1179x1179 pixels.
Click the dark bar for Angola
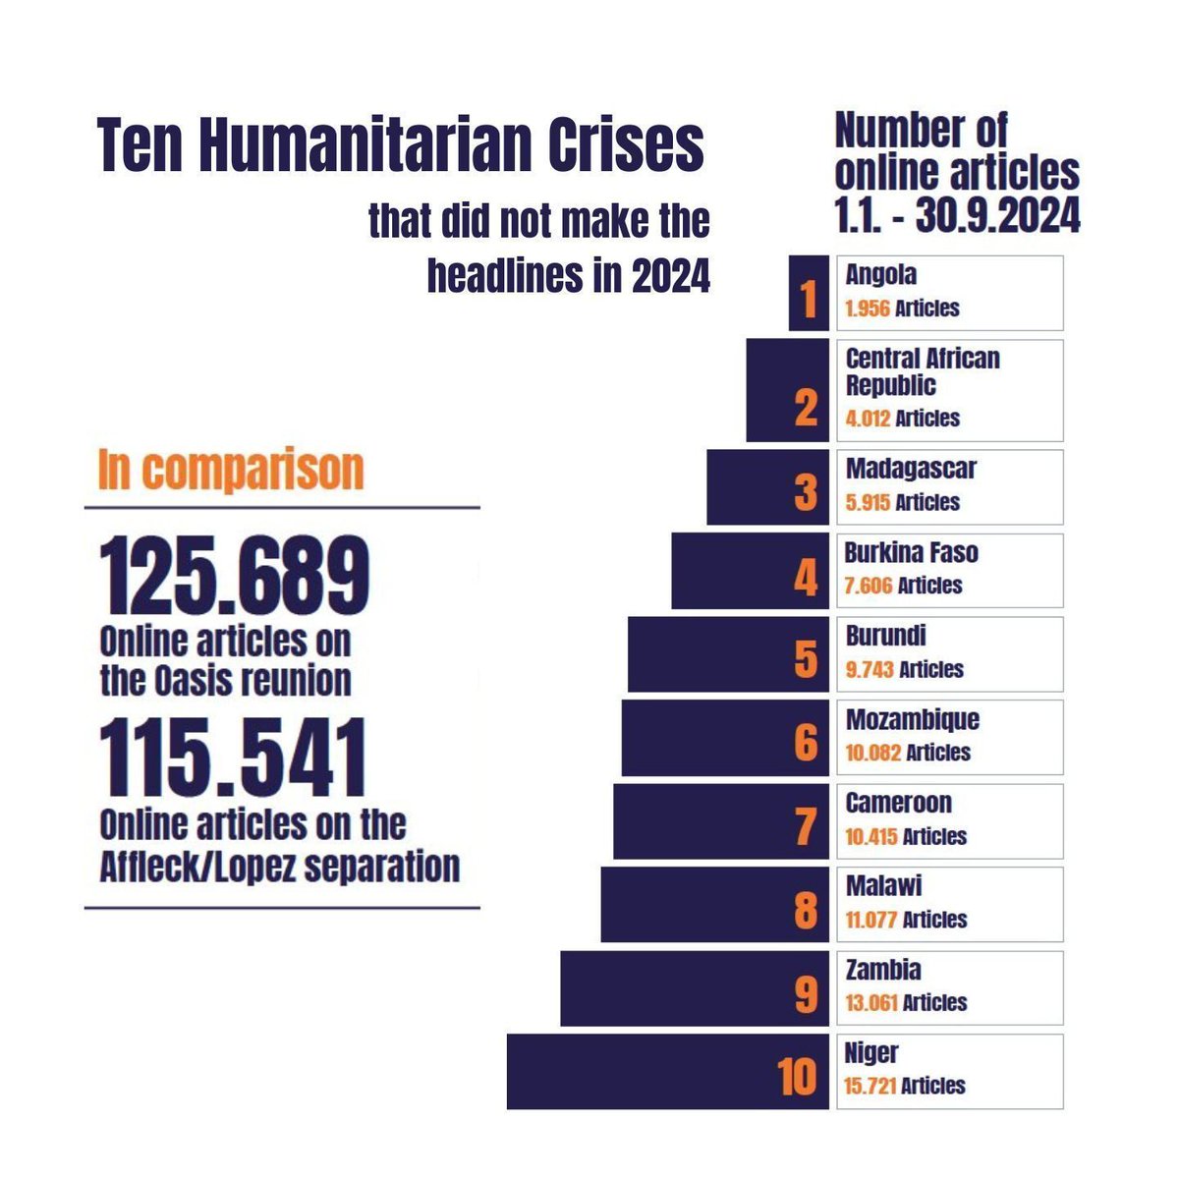tap(809, 293)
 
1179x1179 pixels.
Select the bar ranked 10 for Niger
tap(668, 1072)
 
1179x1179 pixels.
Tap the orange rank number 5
tap(805, 659)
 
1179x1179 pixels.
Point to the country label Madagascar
tap(911, 469)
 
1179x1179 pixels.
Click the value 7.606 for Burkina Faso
tap(868, 586)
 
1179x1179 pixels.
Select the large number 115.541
tap(233, 758)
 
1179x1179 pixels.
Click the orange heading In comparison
tap(231, 470)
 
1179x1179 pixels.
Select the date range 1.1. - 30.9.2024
tap(957, 215)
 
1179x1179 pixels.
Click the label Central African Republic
tap(922, 371)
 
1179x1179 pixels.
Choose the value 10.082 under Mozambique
tap(872, 753)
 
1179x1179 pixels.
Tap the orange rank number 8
tap(805, 911)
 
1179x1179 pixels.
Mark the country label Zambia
tap(883, 970)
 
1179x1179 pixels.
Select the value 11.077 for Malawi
tap(870, 920)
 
